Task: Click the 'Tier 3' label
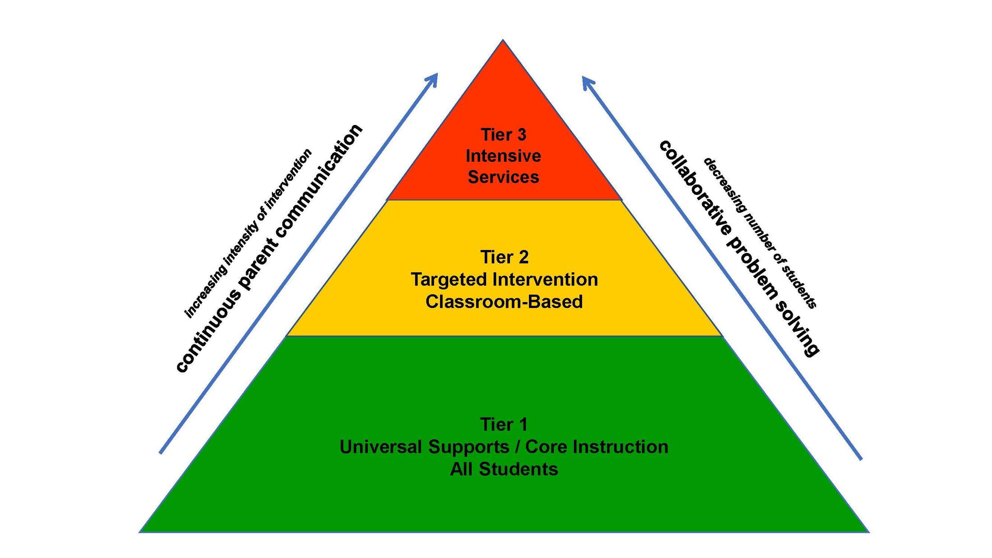tap(503, 135)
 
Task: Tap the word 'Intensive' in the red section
tap(503, 156)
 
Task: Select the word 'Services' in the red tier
tap(503, 177)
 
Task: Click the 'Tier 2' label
tap(504, 257)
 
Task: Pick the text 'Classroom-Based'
tap(504, 301)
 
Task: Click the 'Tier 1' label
tap(503, 424)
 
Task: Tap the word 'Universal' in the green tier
tap(381, 447)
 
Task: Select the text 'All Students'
tap(504, 469)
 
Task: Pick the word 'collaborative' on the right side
tap(695, 189)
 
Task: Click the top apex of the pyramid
tap(503, 41)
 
